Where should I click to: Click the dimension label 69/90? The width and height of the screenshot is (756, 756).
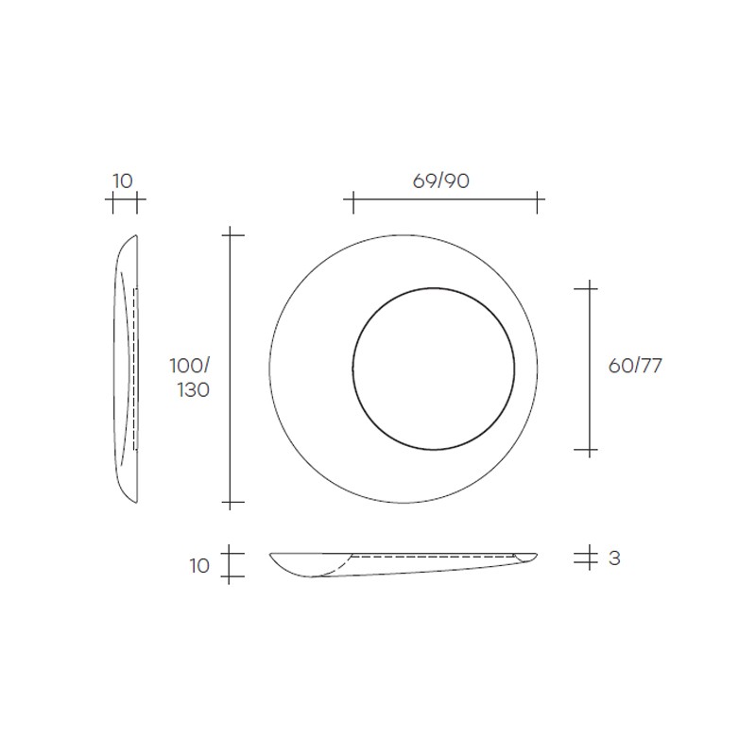[440, 180]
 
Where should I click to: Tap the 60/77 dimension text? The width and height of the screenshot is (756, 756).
[635, 366]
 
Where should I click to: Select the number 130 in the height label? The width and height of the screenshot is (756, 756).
[194, 390]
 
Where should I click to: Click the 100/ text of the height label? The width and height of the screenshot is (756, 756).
[190, 366]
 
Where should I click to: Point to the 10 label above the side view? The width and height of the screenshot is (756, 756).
[123, 181]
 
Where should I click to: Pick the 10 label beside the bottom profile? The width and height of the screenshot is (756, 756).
[199, 566]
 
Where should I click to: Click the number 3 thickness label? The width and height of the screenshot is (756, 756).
[614, 558]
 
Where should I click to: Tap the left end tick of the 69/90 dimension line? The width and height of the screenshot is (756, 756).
[353, 202]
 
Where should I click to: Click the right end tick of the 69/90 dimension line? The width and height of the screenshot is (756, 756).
[537, 202]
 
